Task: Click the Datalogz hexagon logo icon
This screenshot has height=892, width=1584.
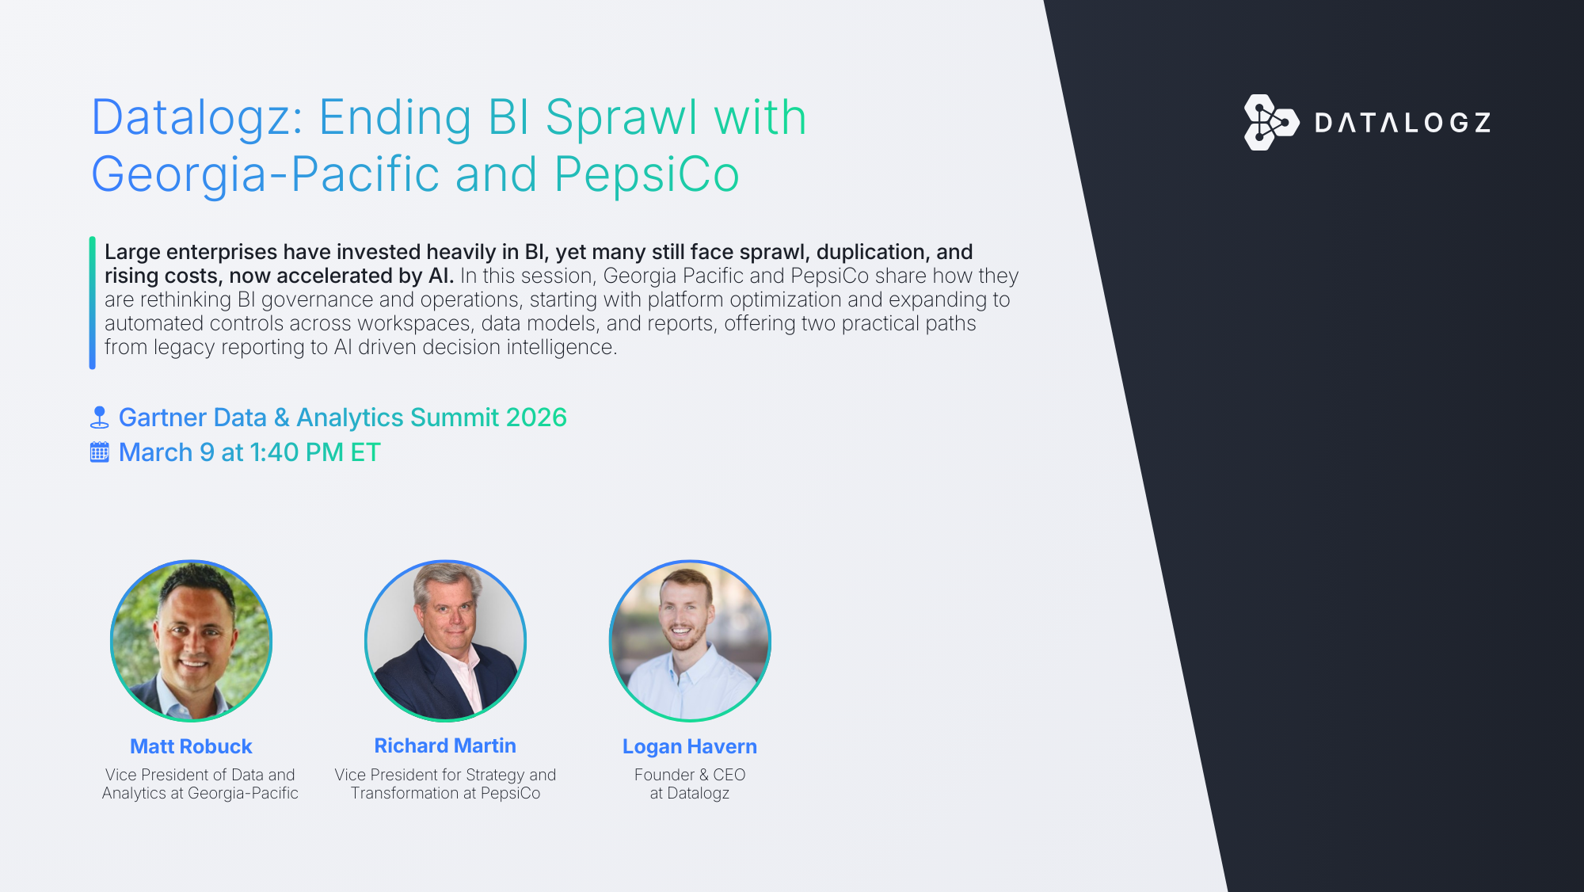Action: point(1271,122)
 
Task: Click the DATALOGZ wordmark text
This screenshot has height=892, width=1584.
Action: point(1403,123)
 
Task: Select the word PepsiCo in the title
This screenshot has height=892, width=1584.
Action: point(646,174)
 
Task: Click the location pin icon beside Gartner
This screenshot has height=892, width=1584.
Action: point(100,417)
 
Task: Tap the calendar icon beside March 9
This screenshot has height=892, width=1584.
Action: point(100,452)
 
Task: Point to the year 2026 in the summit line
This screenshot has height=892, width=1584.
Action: point(536,417)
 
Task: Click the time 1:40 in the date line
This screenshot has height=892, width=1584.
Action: point(274,452)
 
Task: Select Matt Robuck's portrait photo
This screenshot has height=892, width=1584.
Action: point(191,641)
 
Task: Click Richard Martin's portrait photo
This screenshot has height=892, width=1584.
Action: point(445,641)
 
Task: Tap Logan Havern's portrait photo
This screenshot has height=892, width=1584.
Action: point(690,641)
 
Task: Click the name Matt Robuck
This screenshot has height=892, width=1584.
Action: point(191,746)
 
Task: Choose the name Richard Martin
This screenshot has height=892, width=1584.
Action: point(445,745)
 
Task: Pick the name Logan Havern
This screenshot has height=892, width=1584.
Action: point(690,746)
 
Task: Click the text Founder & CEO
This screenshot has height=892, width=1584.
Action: point(690,775)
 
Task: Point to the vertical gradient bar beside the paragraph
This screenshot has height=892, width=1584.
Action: point(93,303)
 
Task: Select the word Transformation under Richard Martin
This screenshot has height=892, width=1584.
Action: point(405,793)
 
